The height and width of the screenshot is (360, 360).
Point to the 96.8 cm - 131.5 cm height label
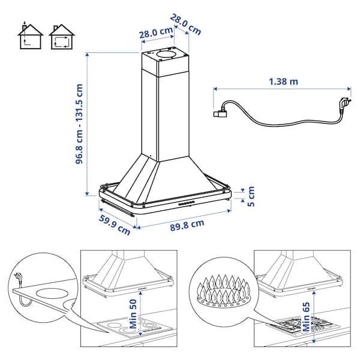click(x=79, y=127)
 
